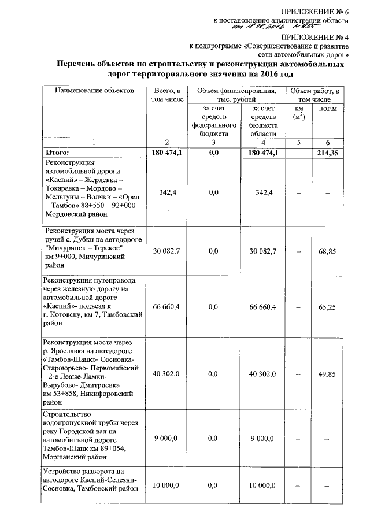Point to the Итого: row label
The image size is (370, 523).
[x=57, y=152]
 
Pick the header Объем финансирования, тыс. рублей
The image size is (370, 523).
[x=236, y=95]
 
